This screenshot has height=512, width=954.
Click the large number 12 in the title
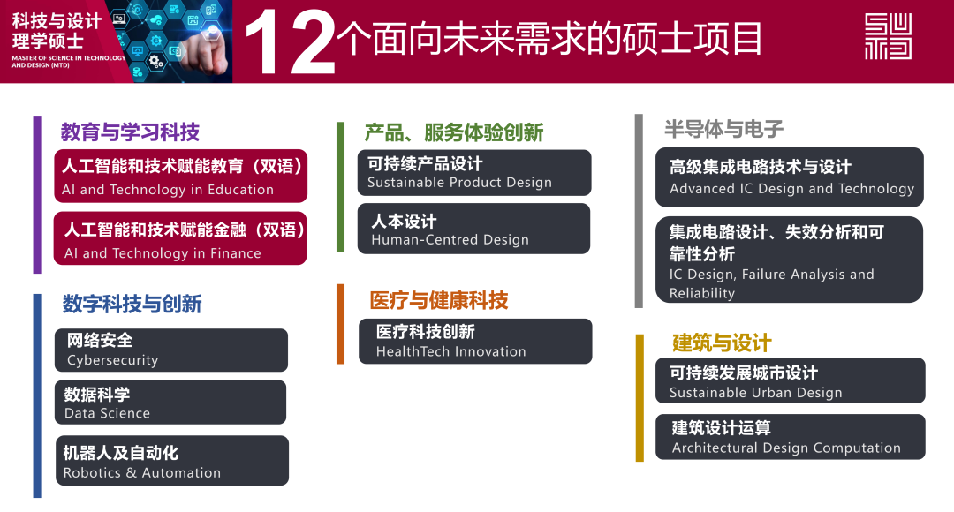point(290,42)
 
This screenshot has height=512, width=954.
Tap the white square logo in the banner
point(888,36)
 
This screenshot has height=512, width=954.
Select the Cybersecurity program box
point(171,350)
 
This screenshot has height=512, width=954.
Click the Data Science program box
point(170,403)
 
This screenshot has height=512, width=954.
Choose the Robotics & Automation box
point(172,460)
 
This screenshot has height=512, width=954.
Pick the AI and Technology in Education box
point(181,176)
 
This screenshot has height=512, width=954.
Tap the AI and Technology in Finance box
point(180,238)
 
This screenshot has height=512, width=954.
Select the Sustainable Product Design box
point(474,173)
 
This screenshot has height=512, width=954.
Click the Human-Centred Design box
point(474,229)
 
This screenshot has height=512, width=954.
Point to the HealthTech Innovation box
point(475,341)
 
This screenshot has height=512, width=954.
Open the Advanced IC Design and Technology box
point(790,177)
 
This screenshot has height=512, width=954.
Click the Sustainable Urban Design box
point(791,380)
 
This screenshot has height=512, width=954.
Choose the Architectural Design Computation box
point(791,437)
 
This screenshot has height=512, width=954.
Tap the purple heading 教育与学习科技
point(130,132)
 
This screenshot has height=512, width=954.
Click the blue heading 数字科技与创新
point(132,304)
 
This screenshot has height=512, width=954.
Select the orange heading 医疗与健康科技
point(439,300)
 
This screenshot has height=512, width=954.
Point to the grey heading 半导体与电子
point(724,129)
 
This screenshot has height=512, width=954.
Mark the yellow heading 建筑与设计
point(723,343)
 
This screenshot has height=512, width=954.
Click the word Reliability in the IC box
point(702,294)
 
